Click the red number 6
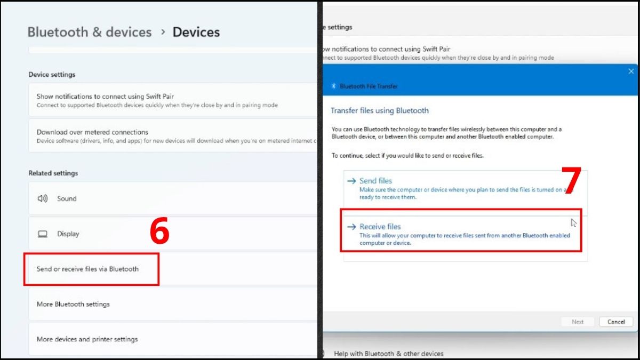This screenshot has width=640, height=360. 159,233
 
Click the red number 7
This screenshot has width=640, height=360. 571,181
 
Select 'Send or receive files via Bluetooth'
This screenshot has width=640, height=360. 87,269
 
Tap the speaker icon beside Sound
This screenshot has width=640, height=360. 43,198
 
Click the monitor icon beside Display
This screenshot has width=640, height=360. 43,234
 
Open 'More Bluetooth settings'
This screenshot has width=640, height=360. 73,304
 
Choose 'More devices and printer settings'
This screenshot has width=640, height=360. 87,339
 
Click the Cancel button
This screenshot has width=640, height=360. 616,322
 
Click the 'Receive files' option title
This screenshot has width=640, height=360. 380,227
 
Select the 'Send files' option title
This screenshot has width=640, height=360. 375,181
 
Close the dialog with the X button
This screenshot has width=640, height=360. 631,71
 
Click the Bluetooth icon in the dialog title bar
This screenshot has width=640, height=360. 334,86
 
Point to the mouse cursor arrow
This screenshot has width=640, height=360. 573,222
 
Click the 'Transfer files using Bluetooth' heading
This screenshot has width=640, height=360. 379,111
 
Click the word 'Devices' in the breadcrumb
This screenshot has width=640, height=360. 196,32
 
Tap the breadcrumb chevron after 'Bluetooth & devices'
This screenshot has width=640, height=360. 163,33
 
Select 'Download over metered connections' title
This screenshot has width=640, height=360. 92,132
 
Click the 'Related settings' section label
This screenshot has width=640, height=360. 53,173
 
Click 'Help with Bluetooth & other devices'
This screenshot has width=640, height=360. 388,354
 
